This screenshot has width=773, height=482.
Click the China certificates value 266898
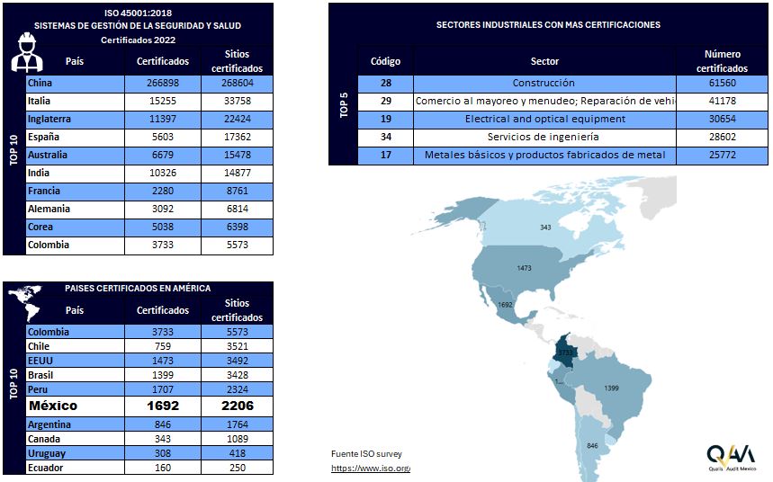(163, 83)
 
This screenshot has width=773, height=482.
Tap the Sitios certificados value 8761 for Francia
(238, 191)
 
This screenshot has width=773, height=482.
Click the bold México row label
(53, 406)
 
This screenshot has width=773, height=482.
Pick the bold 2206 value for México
(237, 406)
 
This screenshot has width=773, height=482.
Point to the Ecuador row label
(46, 468)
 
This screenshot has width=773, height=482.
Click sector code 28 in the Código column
(385, 83)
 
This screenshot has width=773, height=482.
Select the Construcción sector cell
(544, 83)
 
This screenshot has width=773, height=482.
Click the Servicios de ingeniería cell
(544, 137)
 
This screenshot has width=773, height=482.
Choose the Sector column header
(544, 61)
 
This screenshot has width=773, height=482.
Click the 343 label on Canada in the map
(545, 228)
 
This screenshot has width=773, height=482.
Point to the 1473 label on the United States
(526, 268)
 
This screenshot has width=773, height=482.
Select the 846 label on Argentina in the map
(592, 446)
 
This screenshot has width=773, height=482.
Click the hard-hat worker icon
(28, 53)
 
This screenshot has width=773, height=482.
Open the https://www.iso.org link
(370, 469)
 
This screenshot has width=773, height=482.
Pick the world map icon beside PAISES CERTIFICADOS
(26, 301)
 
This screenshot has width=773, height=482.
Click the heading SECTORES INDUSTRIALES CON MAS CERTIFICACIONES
(547, 25)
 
